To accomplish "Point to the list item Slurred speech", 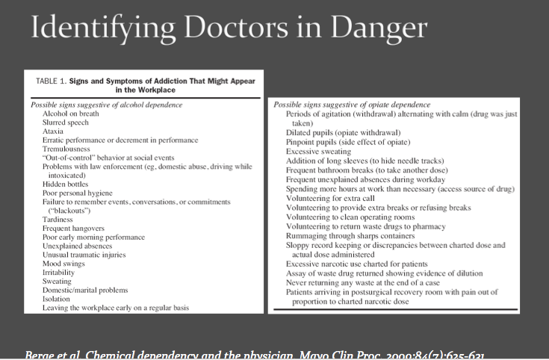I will tap(66, 122).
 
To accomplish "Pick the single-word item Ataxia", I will tap(54, 131).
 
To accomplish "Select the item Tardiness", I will tap(59, 219).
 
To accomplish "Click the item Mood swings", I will tap(65, 263).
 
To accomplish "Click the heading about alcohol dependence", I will tap(107, 105).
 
